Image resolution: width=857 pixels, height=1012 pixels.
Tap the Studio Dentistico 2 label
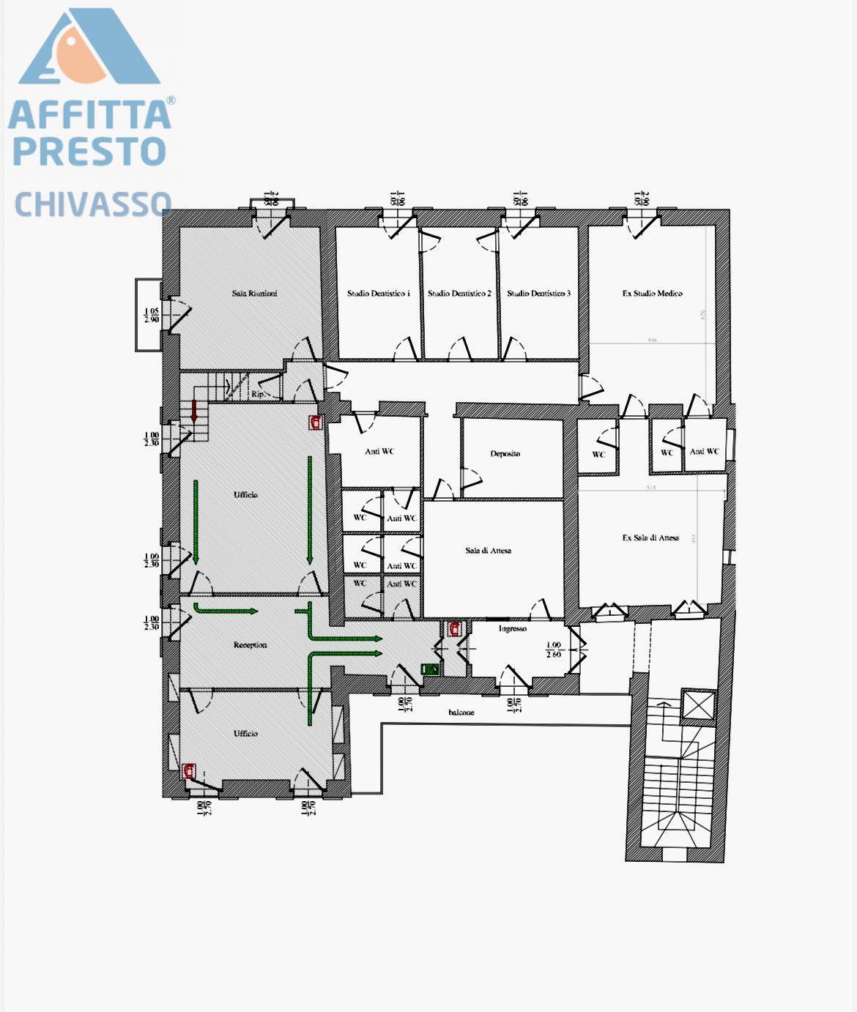459,294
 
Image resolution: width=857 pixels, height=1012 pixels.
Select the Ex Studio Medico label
652,294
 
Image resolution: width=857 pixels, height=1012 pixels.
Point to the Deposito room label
505,454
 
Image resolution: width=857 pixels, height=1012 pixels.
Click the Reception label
250,645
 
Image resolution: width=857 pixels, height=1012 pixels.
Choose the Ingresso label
513,629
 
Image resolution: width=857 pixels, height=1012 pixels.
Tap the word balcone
461,713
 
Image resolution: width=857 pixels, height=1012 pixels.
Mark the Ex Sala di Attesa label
650,537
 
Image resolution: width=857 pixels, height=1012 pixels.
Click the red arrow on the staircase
194,411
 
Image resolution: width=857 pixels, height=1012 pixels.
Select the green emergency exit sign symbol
430,669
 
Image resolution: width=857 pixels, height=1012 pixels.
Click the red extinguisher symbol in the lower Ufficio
190,770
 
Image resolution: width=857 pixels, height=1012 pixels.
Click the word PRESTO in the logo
89,150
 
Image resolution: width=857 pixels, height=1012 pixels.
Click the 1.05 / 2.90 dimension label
151,316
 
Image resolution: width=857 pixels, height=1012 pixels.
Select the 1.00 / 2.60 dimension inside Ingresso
553,650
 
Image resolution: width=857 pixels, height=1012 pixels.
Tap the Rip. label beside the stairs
257,394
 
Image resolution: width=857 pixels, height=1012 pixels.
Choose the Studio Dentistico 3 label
538,294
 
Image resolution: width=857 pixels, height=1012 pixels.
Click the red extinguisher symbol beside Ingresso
455,628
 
